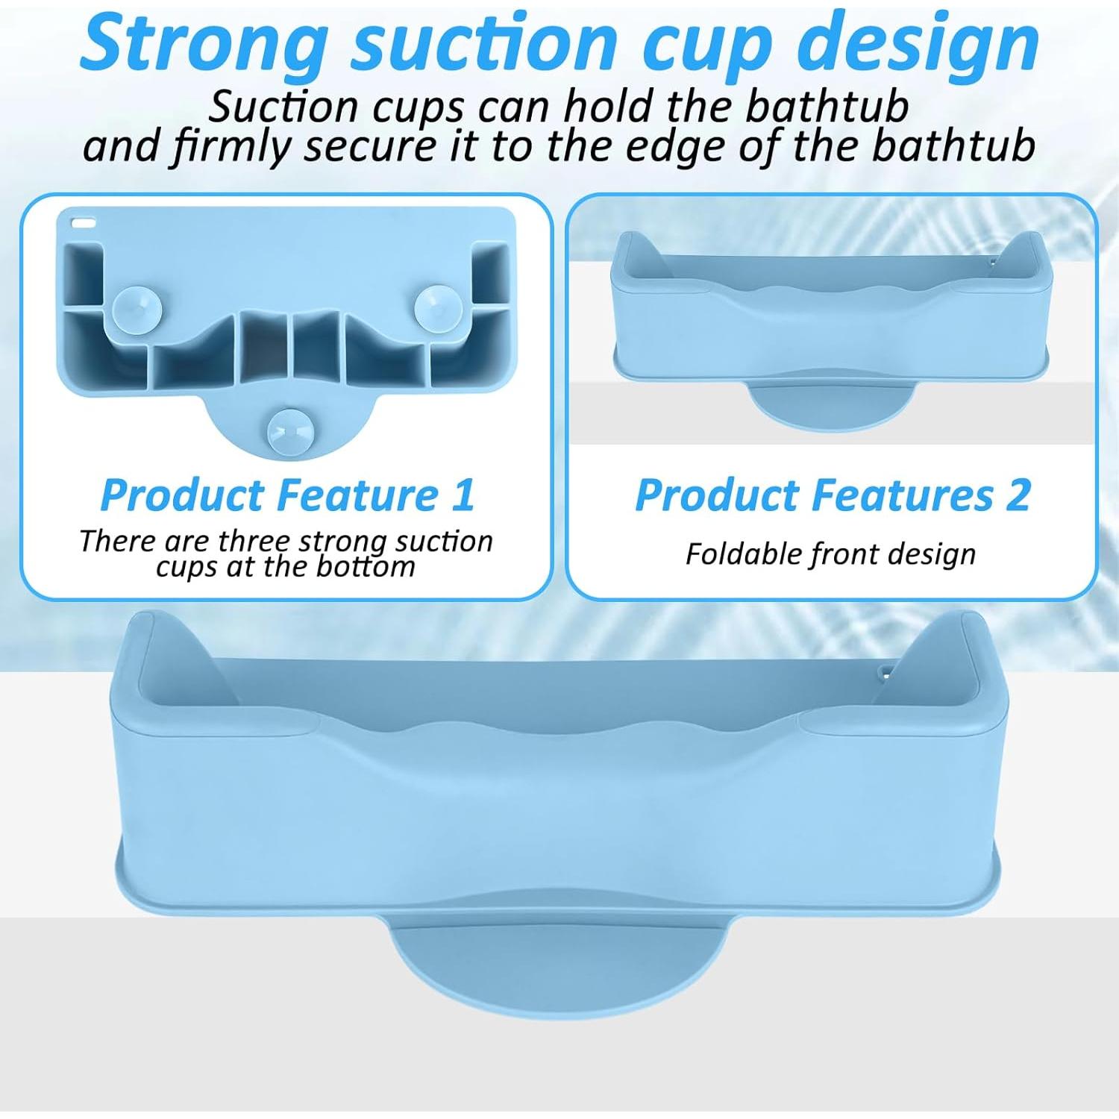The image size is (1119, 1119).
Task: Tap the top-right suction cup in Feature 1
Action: [x=438, y=307]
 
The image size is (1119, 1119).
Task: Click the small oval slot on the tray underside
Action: [x=84, y=222]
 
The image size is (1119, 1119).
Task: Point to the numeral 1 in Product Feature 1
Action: [x=462, y=495]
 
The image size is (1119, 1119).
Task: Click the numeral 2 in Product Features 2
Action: [x=1018, y=495]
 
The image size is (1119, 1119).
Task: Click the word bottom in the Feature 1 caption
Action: [x=366, y=567]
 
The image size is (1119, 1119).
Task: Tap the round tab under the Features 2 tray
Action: [x=830, y=402]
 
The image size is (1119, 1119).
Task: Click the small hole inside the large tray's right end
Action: [x=884, y=670]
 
